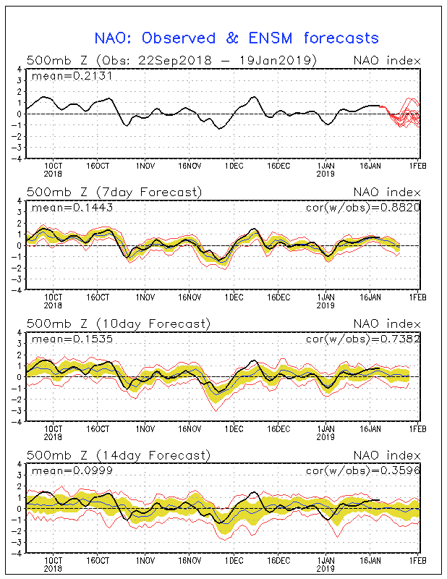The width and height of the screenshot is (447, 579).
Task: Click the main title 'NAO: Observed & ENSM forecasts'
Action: coord(237,38)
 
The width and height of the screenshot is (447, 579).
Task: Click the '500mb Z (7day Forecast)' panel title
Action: coord(114,192)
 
